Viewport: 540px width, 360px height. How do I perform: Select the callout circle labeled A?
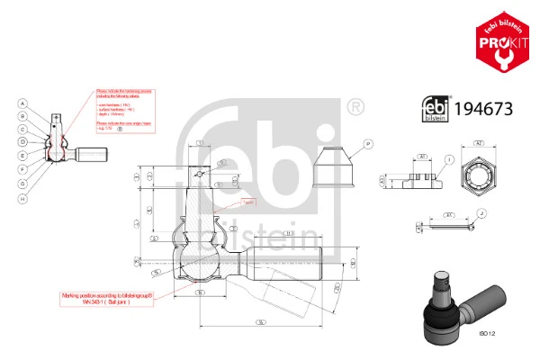(x=22, y=104)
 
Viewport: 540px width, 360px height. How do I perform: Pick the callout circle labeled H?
(x=22, y=197)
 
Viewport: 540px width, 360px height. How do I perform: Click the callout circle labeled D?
(x=22, y=142)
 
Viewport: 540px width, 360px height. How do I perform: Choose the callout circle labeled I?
(x=447, y=159)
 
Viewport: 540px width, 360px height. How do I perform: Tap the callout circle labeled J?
(x=481, y=213)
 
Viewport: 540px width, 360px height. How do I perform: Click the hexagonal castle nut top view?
(x=479, y=172)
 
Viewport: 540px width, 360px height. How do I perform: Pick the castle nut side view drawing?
(x=409, y=176)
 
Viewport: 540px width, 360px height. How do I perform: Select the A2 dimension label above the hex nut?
(x=479, y=143)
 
